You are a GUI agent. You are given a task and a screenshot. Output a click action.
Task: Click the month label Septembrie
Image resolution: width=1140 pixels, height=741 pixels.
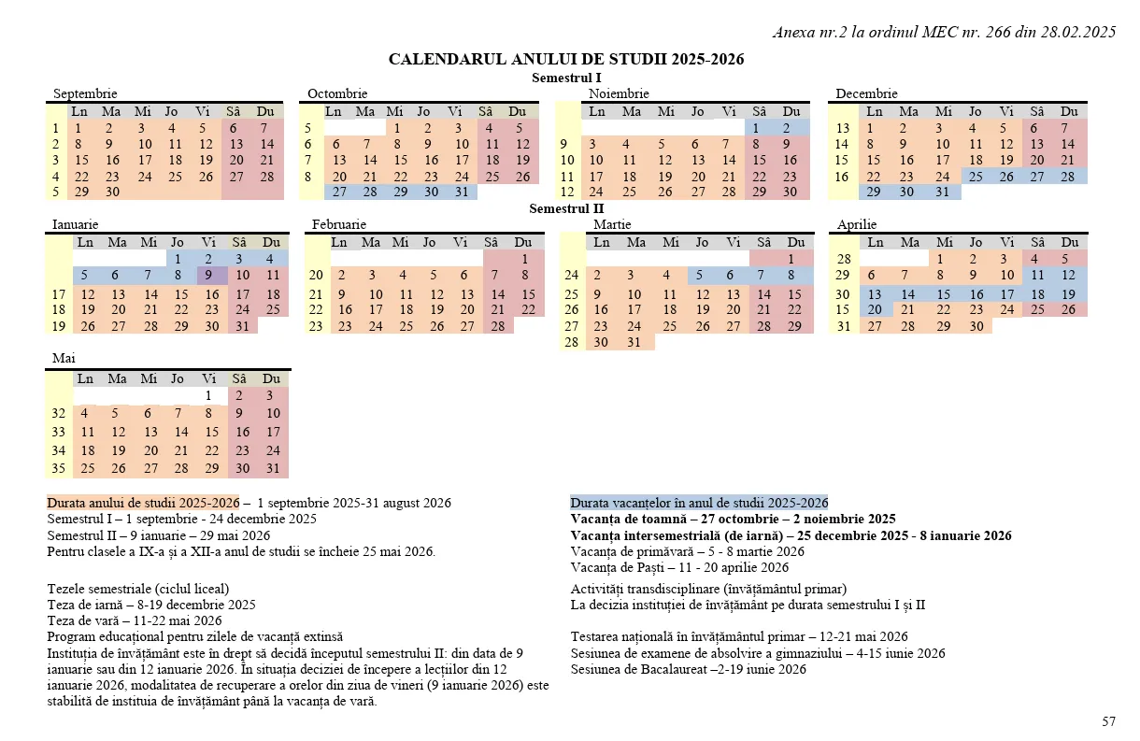[85, 93]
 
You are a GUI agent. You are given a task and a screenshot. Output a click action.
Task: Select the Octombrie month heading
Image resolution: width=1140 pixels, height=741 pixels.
[337, 93]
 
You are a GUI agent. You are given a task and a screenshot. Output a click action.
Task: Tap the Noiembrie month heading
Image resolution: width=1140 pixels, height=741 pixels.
[619, 93]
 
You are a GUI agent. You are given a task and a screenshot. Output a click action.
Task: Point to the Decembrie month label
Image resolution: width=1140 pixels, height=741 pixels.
[866, 93]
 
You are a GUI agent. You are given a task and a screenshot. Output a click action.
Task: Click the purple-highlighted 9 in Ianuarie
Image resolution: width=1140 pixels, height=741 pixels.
[210, 276]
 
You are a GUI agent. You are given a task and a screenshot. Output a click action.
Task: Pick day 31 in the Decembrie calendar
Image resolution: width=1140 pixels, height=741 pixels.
[942, 192]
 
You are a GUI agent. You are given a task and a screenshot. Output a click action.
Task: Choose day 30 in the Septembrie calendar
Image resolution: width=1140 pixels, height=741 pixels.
[112, 192]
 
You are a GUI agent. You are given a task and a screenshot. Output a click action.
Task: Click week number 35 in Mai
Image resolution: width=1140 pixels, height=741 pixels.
[59, 468]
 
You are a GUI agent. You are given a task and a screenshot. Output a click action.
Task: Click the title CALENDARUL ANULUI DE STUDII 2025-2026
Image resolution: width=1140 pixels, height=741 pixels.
[566, 60]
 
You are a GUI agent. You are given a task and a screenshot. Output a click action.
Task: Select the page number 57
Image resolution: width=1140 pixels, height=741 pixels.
[1108, 720]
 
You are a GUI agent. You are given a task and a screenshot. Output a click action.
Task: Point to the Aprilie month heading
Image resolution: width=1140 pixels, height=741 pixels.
[857, 224]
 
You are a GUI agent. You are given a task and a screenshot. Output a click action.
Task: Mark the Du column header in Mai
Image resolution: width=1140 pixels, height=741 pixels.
[271, 378]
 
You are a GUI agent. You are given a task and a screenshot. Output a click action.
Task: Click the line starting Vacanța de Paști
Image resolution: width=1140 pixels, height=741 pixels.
[679, 567]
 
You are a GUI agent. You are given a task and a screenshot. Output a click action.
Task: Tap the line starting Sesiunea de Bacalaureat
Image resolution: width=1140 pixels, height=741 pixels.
[688, 669]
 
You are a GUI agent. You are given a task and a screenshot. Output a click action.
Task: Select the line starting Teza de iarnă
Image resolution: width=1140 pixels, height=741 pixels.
[151, 605]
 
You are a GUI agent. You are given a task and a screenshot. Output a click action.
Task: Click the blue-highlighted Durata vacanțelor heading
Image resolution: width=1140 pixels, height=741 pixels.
[699, 502]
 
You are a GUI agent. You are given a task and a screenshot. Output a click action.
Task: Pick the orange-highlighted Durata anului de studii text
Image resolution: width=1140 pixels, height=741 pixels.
[143, 502]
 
